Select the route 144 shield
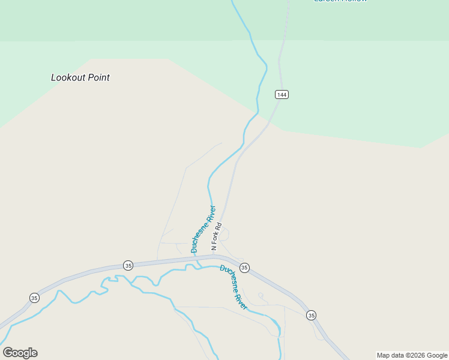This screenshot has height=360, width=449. (282, 94)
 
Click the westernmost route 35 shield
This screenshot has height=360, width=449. (35, 298)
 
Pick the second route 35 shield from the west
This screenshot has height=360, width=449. (128, 265)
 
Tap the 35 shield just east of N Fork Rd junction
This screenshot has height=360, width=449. (244, 268)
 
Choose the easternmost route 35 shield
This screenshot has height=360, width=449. (310, 315)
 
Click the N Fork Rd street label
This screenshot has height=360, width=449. (217, 237)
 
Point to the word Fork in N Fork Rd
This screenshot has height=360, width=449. (217, 236)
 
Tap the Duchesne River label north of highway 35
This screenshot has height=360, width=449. (203, 230)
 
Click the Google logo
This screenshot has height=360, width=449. (20, 353)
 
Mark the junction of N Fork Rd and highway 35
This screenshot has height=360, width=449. (213, 256)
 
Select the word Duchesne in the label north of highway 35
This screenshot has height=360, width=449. (200, 237)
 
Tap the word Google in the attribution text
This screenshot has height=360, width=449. (437, 355)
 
